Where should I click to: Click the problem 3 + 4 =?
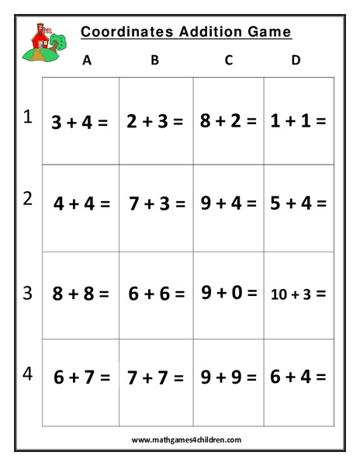tap(79, 122)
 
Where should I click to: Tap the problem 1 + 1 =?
tap(299, 120)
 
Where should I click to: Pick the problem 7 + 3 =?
tap(157, 204)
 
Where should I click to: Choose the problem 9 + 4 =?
tap(229, 203)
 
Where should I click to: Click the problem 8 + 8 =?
tap(81, 294)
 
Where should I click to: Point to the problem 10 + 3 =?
tap(299, 294)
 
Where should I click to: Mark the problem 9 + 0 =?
tap(229, 293)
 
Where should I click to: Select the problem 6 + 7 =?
tap(81, 377)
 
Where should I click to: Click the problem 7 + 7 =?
tap(156, 377)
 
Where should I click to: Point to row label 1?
tap(28, 117)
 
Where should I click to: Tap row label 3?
tap(28, 293)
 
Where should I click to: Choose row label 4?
tap(28, 373)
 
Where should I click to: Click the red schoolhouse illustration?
tap(41, 43)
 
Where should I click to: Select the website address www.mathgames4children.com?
tap(186, 440)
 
